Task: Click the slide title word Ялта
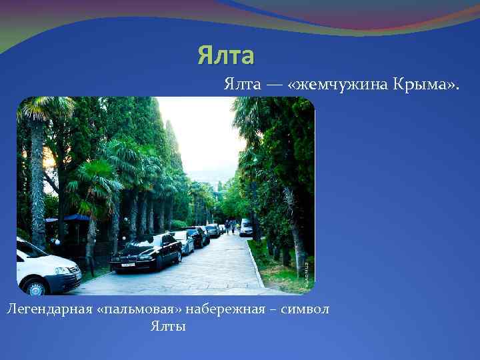click(225, 56)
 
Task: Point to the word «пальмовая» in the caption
click(144, 309)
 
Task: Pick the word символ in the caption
click(307, 309)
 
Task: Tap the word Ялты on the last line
click(168, 326)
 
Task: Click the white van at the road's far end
click(246, 227)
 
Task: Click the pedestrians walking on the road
click(230, 227)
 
